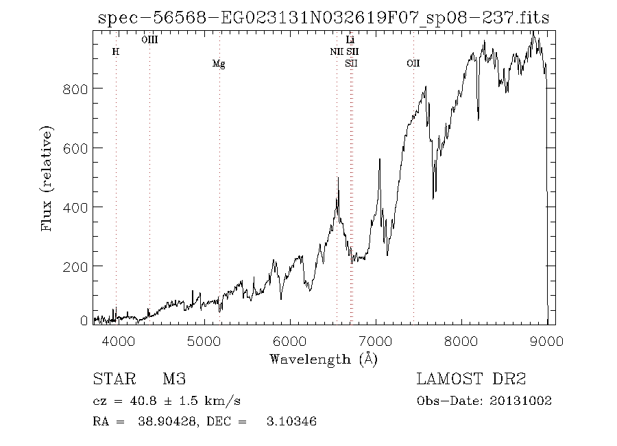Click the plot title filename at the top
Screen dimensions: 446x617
324,19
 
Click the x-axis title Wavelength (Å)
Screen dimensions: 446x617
324,359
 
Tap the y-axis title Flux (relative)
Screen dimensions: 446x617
47,178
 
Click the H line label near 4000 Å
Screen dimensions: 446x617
116,51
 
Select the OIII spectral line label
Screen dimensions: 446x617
149,40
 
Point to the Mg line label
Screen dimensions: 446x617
219,64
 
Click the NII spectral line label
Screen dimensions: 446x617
337,51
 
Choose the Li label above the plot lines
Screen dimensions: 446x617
350,40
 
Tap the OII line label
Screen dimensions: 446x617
413,64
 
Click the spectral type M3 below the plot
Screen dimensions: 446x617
174,379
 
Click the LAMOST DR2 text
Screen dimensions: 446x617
470,379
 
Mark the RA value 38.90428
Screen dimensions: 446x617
158,421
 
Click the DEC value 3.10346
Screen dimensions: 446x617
291,421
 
